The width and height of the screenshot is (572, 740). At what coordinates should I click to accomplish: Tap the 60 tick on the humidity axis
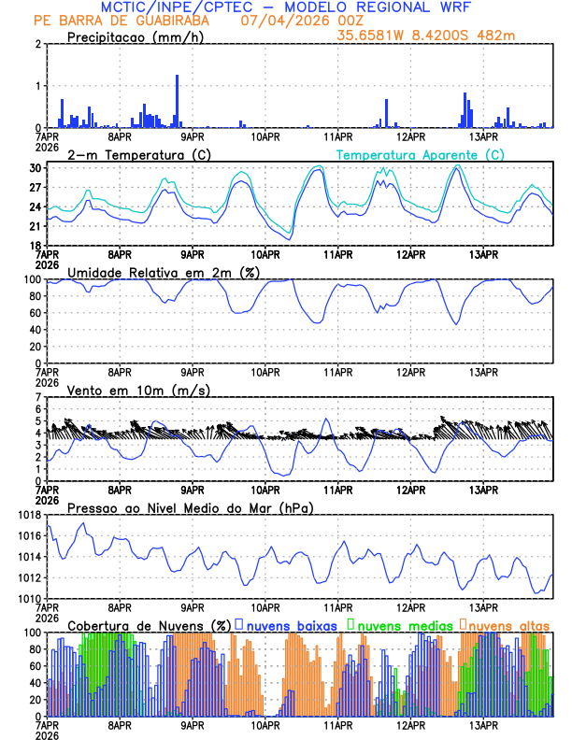[x=35, y=313]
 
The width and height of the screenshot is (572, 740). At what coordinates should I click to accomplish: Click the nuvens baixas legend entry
[x=293, y=624]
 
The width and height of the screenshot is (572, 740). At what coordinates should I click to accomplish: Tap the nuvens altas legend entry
[x=508, y=624]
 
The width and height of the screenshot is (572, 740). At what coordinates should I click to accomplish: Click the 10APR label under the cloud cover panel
[x=266, y=725]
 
